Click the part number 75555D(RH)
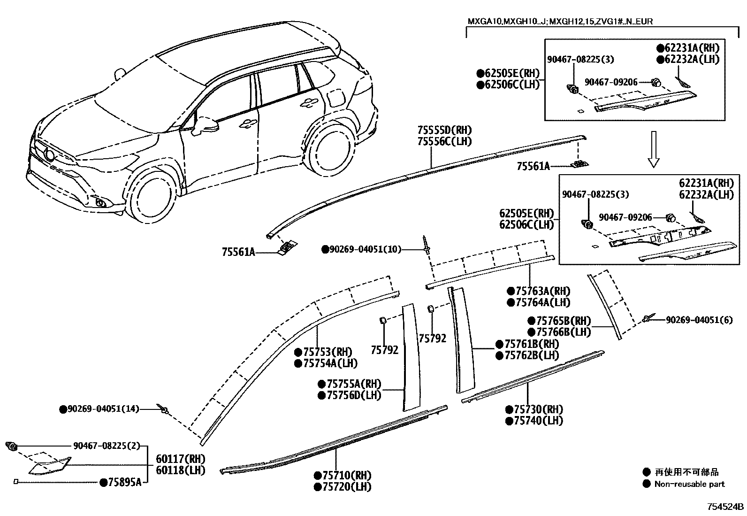(444, 130)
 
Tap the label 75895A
(124, 482)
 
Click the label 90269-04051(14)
(103, 409)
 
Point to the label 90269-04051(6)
(699, 320)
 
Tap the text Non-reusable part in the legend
(689, 484)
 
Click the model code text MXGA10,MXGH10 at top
(507, 22)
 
